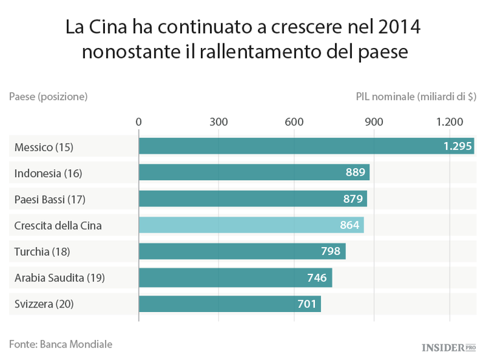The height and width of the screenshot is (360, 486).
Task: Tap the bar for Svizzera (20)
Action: tap(229, 304)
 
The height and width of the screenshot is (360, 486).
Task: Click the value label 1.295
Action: tap(457, 147)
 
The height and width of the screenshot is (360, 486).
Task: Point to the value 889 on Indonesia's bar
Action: tap(356, 173)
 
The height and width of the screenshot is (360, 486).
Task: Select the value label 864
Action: tap(350, 225)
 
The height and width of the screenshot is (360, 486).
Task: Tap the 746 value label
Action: tap(318, 278)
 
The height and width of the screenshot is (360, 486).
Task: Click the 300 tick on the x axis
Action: tap(218, 122)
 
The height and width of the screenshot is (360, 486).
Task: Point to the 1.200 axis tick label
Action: tap(450, 122)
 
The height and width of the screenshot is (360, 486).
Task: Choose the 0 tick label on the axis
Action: tap(139, 122)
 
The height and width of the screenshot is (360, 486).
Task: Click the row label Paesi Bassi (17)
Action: tap(49, 199)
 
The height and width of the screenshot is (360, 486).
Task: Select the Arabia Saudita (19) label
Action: tap(59, 278)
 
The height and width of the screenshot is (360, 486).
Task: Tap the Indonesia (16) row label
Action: tap(49, 173)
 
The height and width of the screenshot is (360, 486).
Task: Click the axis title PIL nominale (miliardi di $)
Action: tap(415, 97)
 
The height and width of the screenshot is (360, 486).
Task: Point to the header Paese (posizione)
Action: tap(48, 97)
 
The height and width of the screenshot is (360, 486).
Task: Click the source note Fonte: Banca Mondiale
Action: tap(61, 344)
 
